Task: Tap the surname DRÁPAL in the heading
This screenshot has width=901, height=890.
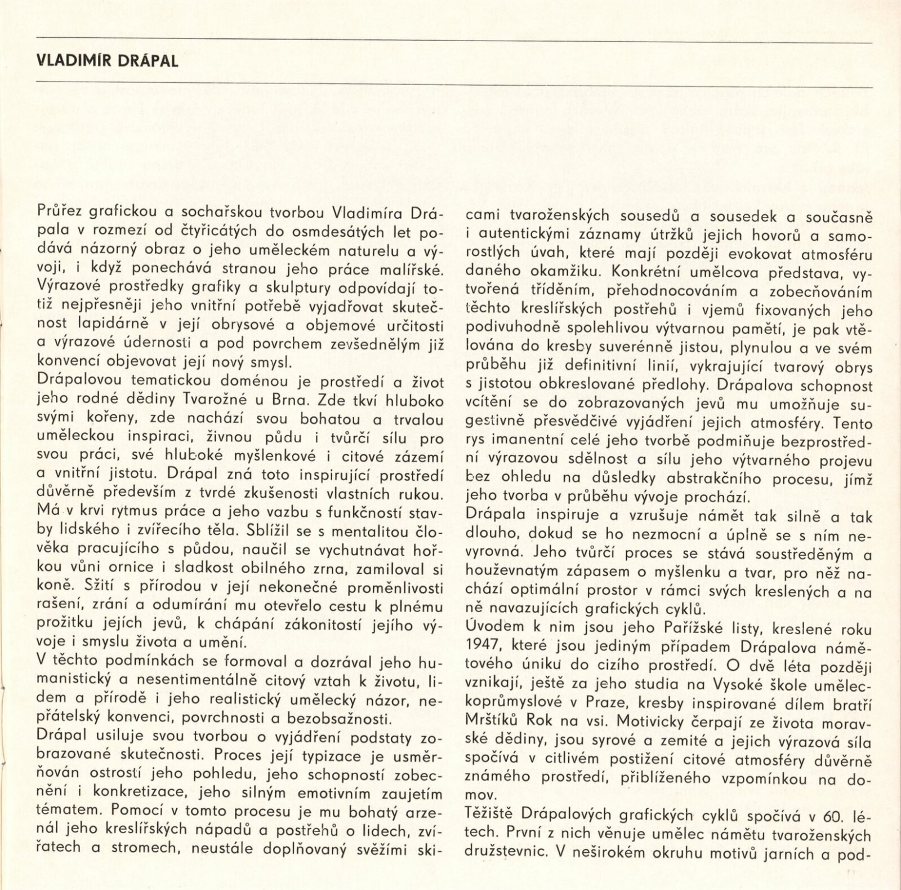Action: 149,61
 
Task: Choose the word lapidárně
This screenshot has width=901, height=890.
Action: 109,325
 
